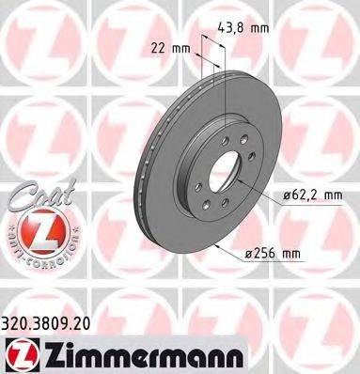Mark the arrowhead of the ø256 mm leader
(x=218, y=246)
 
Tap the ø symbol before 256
(x=272, y=253)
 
